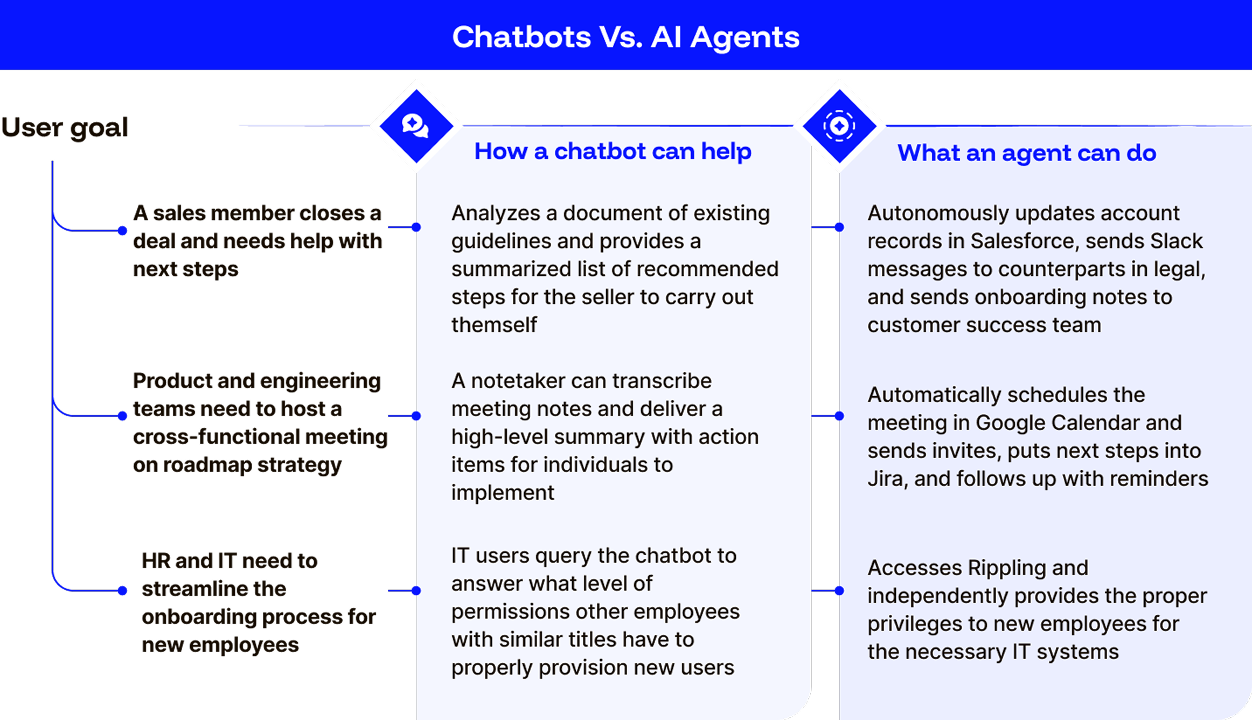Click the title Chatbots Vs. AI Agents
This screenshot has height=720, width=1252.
click(x=626, y=37)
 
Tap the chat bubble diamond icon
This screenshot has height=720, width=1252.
click(x=416, y=125)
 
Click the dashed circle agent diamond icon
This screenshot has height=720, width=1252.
click(x=839, y=125)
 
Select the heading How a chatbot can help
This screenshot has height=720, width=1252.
click(x=612, y=151)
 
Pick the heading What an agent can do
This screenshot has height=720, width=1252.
click(x=1026, y=153)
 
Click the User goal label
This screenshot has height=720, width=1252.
click(x=65, y=128)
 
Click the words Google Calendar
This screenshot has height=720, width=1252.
click(x=1078, y=423)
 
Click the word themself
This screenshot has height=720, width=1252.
click(x=494, y=325)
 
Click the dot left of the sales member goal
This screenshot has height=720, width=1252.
click(x=122, y=230)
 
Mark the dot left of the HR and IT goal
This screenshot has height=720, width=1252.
click(x=122, y=590)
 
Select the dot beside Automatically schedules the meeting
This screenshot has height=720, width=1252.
click(x=839, y=416)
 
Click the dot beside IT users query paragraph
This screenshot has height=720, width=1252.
click(x=416, y=590)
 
